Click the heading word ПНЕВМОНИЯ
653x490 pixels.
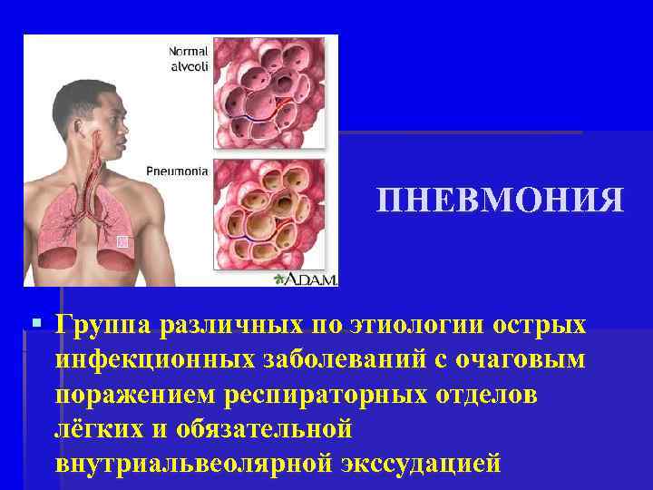pyautogui.click(x=501, y=201)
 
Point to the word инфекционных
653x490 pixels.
pyautogui.click(x=145, y=360)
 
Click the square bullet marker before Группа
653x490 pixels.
pyautogui.click(x=35, y=323)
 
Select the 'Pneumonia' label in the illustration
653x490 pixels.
pyautogui.click(x=177, y=170)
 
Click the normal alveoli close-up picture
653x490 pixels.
pyautogui.click(x=269, y=93)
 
